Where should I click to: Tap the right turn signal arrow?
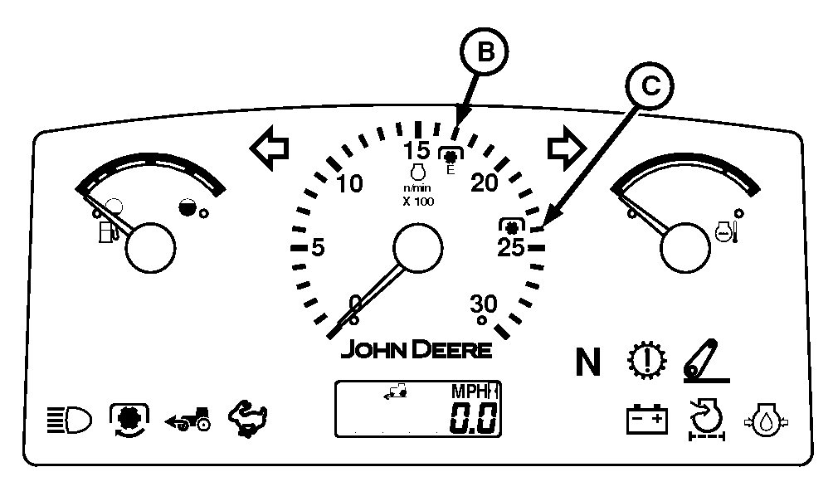click(568, 148)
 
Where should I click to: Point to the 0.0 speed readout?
click(474, 420)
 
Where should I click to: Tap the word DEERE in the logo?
click(452, 349)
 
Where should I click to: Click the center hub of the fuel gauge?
click(152, 246)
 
